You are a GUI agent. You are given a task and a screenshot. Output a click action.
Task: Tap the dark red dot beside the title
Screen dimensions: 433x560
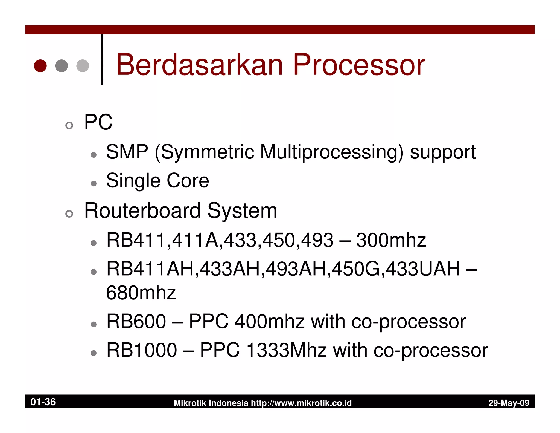(40, 66)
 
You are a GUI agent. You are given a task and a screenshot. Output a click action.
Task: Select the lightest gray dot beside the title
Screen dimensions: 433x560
(83, 66)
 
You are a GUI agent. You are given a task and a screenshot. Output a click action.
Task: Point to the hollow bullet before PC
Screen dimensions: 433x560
(69, 125)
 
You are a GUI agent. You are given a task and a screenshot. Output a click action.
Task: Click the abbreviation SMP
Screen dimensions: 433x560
(127, 152)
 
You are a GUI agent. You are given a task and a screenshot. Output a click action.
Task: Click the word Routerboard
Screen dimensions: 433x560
(142, 210)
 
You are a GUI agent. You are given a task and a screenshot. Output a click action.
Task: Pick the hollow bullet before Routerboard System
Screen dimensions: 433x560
(69, 214)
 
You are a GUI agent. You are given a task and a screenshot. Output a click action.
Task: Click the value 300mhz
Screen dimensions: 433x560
(391, 240)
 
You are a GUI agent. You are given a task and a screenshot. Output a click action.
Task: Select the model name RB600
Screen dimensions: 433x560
(136, 321)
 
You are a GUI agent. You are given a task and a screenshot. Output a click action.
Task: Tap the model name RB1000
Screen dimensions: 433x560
(142, 350)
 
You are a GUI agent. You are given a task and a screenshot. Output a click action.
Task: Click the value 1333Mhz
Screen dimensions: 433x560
(287, 350)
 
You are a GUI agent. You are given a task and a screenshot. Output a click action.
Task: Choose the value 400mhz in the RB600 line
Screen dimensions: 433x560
(270, 321)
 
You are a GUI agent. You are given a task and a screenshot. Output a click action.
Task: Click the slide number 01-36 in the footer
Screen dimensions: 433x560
(43, 402)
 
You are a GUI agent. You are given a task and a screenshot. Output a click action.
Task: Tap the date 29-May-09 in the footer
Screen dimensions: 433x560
(509, 403)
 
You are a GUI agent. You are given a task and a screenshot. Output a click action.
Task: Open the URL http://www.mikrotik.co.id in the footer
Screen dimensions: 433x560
(301, 403)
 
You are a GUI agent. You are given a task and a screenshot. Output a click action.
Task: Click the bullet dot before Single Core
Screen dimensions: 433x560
(94, 183)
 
